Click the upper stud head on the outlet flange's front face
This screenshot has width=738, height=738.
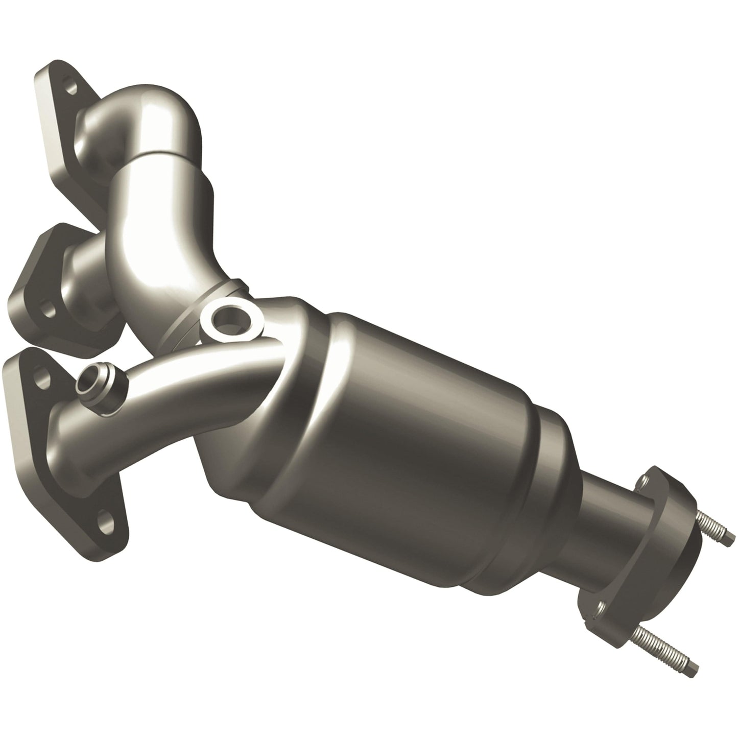point(645,481)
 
